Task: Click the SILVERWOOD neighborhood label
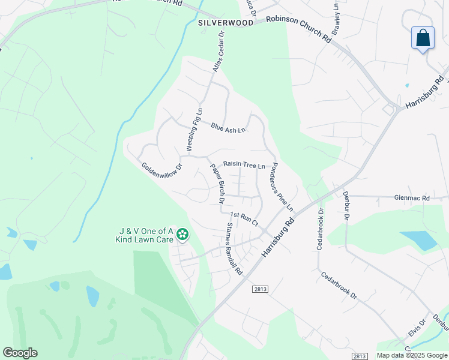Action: pos(225,22)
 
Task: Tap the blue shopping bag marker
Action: pos(423,38)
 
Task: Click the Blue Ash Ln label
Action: pos(228,128)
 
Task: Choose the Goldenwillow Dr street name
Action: pos(161,174)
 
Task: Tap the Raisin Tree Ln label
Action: pos(244,164)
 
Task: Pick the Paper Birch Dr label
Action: pos(217,182)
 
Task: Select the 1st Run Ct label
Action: pos(244,218)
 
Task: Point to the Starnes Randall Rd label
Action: pos(234,249)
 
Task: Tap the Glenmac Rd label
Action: pos(412,198)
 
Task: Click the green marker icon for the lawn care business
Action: pos(181,235)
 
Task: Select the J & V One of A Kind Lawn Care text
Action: pos(145,235)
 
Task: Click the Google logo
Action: pos(20,353)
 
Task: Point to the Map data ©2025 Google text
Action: pos(412,355)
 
